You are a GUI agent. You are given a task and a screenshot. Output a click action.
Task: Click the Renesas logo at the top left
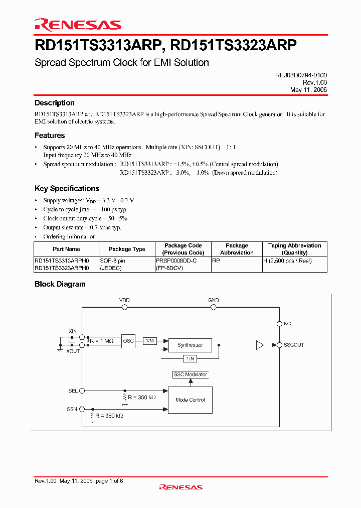coord(78,25)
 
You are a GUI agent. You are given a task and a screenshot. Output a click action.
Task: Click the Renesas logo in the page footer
coord(180,487)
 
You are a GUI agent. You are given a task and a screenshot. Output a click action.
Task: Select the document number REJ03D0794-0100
coord(301,75)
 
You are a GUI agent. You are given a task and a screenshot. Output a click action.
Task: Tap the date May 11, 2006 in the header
coord(308,89)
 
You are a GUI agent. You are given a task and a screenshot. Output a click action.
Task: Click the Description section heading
coord(55,103)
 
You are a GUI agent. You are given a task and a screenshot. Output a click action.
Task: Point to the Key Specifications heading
coord(67,188)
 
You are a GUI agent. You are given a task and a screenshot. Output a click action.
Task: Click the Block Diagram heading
coord(60,284)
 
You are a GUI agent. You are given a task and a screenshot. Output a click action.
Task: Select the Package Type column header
coord(127,249)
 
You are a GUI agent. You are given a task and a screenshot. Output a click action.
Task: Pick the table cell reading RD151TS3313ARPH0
coord(62,261)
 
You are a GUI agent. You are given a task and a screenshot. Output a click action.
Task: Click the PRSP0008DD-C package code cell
coord(176,261)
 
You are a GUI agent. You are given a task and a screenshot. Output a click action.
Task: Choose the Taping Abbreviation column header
coord(294,249)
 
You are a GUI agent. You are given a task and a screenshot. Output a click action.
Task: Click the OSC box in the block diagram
coord(128,341)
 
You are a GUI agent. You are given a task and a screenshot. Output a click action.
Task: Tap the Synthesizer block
coord(190,345)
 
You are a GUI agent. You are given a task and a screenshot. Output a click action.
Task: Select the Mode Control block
coord(190,400)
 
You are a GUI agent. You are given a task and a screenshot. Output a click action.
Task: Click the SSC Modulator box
coord(190,374)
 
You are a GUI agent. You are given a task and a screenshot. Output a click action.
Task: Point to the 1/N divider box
coord(190,358)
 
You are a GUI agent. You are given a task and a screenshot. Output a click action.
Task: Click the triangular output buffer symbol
coord(259,345)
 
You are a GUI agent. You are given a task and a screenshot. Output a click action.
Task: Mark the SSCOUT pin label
coord(294,345)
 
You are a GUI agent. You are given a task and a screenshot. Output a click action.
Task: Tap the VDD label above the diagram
coord(124,300)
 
